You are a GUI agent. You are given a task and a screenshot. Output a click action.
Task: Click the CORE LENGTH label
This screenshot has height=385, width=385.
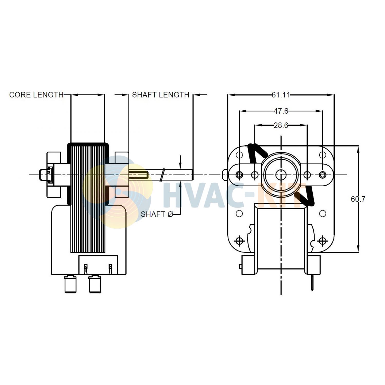click(36, 95)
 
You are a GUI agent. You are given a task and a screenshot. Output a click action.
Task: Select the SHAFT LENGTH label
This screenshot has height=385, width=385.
click(160, 95)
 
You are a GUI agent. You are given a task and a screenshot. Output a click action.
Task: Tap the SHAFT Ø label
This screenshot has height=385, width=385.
click(157, 214)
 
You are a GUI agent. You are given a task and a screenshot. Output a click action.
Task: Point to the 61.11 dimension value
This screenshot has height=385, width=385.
click(281, 95)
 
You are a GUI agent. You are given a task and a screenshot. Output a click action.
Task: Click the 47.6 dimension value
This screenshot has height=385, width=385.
click(281, 111)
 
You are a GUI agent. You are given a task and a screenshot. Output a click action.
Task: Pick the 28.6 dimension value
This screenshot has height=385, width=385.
click(281, 126)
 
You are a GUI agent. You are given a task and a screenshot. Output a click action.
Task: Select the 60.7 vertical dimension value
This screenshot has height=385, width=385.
click(358, 199)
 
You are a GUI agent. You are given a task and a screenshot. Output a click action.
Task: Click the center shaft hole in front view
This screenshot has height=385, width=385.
click(281, 175)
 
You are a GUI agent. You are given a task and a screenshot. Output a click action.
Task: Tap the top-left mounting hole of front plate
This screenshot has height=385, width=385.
click(239, 155)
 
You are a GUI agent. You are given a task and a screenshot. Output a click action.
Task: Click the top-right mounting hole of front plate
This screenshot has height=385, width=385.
click(323, 155)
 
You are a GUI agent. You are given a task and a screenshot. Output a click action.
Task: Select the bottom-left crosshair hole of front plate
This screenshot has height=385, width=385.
click(239, 241)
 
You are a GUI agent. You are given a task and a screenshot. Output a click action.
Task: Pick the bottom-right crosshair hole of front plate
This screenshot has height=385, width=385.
click(323, 241)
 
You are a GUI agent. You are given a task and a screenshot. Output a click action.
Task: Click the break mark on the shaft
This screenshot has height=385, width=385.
click(162, 175)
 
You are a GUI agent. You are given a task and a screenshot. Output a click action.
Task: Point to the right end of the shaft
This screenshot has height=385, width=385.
click(192, 175)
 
